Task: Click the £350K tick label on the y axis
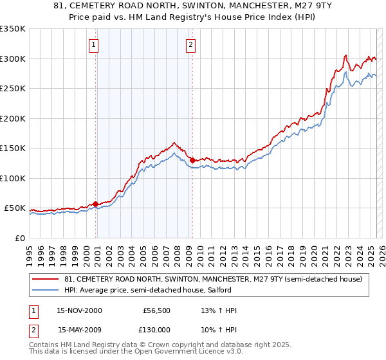[13, 29]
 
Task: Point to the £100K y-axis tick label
[13, 178]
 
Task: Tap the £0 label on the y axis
[21, 238]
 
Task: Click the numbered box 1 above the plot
[95, 45]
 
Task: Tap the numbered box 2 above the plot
[192, 45]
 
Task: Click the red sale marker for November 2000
[96, 204]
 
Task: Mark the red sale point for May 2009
[192, 160]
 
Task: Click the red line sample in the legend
[46, 279]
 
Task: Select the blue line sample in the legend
[46, 290]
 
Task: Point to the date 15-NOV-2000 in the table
[79, 310]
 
